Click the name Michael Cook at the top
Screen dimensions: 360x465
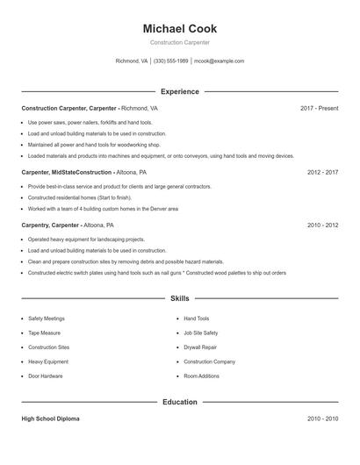pyautogui.click(x=179, y=29)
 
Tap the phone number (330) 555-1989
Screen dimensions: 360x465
pyautogui.click(x=171, y=61)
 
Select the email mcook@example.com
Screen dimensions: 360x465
pyautogui.click(x=219, y=61)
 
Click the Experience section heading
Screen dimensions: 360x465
pyautogui.click(x=179, y=91)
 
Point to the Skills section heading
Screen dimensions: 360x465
pyautogui.click(x=179, y=299)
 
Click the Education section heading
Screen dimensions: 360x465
pyautogui.click(x=179, y=402)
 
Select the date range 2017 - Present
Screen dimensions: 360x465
pyautogui.click(x=319, y=108)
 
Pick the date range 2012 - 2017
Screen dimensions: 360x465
pyautogui.click(x=322, y=173)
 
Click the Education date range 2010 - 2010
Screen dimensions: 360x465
pyautogui.click(x=322, y=418)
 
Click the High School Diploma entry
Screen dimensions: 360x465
pyautogui.click(x=51, y=418)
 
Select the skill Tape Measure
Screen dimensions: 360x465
pyautogui.click(x=44, y=333)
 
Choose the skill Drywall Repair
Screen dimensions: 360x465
pyautogui.click(x=201, y=347)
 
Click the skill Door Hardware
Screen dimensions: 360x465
pyautogui.click(x=46, y=376)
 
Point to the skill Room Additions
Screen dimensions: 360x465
pyautogui.click(x=202, y=376)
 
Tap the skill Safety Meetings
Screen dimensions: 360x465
pyautogui.click(x=47, y=318)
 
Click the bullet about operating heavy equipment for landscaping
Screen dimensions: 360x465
pyautogui.click(x=86, y=239)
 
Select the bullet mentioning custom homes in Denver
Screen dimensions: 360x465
pyautogui.click(x=103, y=209)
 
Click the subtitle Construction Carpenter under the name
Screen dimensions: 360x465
pyautogui.click(x=179, y=42)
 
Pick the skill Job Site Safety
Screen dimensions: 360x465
pyautogui.click(x=201, y=333)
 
